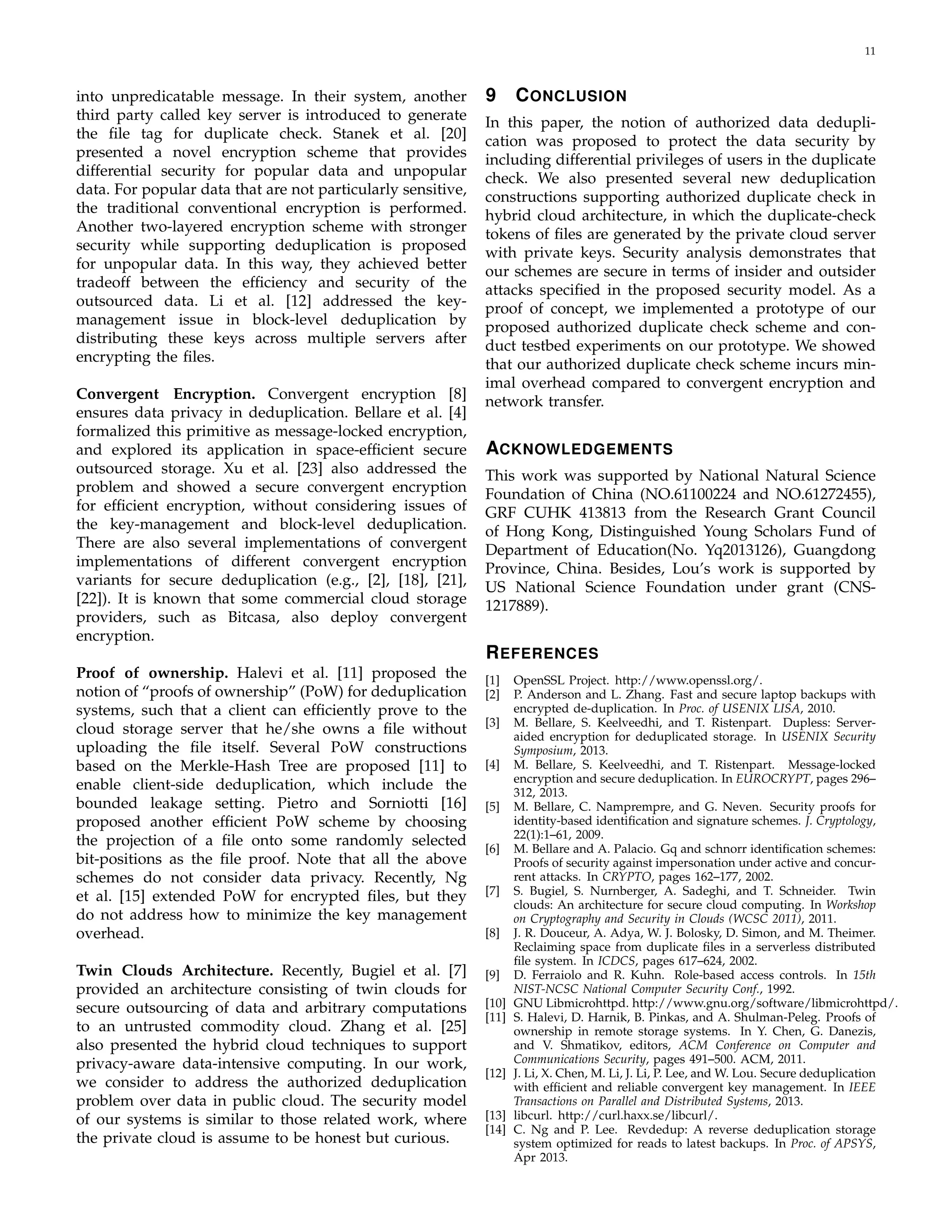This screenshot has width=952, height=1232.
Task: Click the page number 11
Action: click(869, 51)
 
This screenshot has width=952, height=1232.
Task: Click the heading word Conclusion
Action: click(571, 96)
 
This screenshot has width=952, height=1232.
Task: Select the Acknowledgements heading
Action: click(579, 449)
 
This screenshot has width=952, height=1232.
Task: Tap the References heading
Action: click(542, 653)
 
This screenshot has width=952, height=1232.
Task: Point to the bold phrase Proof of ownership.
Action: click(152, 673)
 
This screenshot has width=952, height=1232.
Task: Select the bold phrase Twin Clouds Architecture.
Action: click(174, 971)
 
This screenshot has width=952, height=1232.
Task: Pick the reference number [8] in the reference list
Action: click(492, 933)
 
